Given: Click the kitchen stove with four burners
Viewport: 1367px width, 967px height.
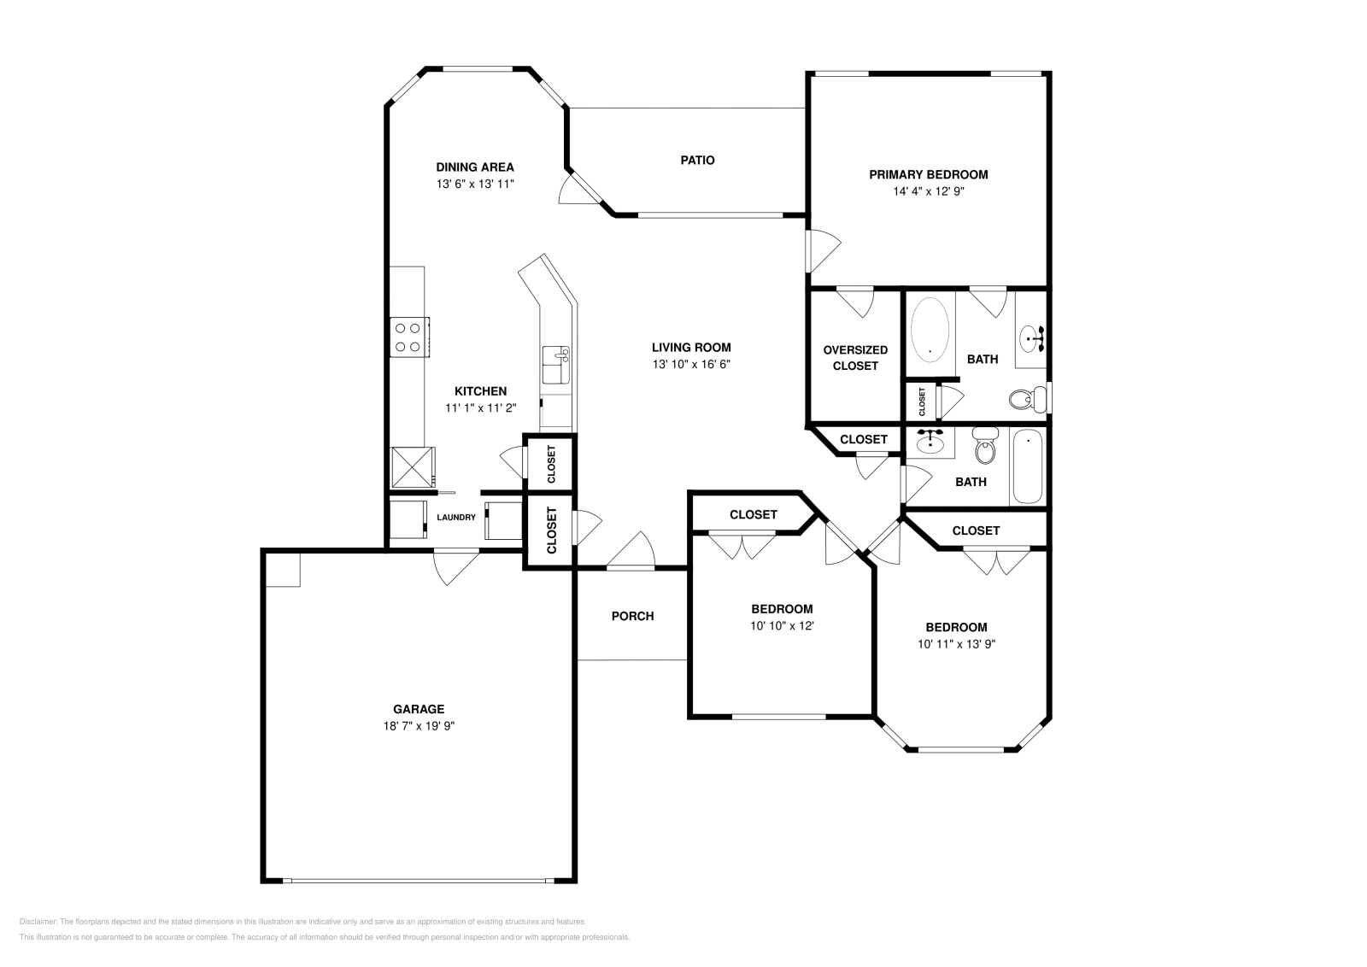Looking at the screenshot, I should [x=409, y=336].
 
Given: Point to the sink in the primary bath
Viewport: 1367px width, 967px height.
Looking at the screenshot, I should [x=1032, y=338].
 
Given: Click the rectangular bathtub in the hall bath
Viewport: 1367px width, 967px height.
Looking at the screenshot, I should [x=1027, y=468].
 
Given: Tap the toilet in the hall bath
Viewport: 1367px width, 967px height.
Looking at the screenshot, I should [x=985, y=447].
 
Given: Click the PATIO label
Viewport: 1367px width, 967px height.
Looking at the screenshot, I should [x=697, y=160].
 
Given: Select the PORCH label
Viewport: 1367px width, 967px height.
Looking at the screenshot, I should [x=632, y=616].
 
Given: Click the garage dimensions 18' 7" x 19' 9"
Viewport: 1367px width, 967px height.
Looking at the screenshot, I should [x=419, y=725].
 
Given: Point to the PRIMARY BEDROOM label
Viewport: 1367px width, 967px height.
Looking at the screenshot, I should [x=928, y=174].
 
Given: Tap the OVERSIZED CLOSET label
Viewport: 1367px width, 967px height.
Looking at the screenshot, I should [x=855, y=357].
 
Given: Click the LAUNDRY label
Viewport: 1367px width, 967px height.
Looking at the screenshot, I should [x=456, y=517].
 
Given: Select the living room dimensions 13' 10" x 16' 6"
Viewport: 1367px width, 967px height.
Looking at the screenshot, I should [x=691, y=364].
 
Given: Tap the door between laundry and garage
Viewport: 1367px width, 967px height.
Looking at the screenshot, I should [x=455, y=565].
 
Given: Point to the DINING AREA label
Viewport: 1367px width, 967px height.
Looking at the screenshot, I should [x=475, y=167].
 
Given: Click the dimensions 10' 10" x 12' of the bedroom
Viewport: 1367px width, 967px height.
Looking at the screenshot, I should [x=782, y=625].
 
